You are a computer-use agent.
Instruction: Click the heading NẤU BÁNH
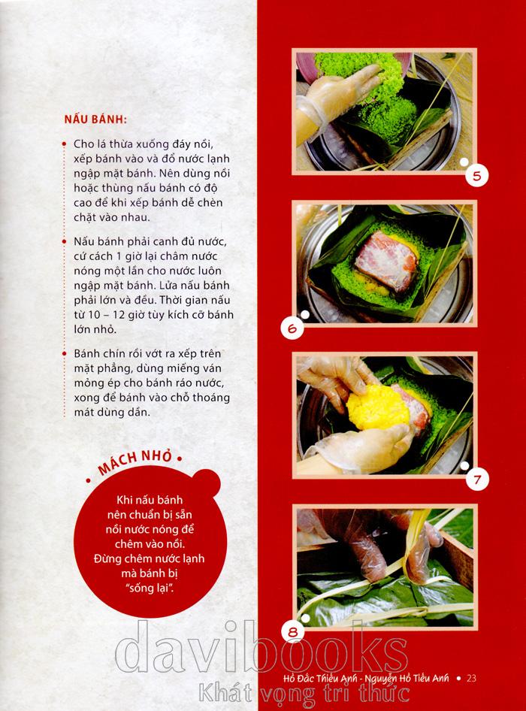tap(95, 120)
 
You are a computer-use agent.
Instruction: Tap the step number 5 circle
tap(476, 175)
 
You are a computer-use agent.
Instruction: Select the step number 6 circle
tap(292, 328)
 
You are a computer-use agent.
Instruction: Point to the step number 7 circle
tap(477, 480)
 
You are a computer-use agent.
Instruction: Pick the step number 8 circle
tap(293, 631)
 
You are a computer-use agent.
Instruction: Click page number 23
tap(472, 679)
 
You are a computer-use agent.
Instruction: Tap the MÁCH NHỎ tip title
tap(135, 461)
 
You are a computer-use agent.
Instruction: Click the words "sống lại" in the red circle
tap(150, 588)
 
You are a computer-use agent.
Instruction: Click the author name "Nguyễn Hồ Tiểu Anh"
tap(407, 679)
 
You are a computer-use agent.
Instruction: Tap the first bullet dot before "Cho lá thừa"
tap(64, 144)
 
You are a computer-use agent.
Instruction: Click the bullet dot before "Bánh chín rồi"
tap(64, 354)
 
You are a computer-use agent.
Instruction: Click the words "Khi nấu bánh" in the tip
tap(150, 500)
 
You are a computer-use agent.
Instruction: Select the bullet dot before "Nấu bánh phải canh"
tap(64, 242)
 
